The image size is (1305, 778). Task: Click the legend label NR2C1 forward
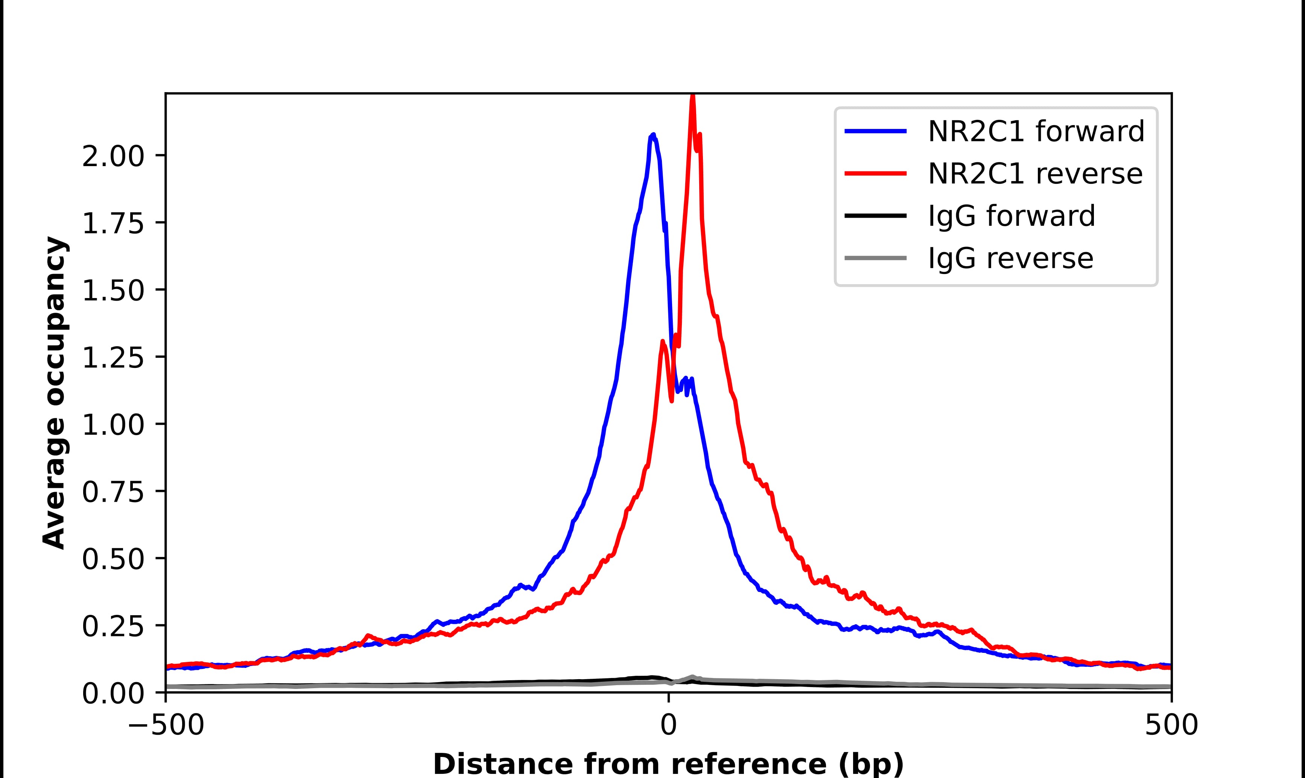coord(1036,131)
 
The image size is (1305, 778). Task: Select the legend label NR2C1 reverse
coord(1035,174)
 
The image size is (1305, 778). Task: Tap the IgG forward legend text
coord(1011,216)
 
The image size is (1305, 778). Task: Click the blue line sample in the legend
coord(875,131)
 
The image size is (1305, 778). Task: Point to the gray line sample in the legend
coord(875,258)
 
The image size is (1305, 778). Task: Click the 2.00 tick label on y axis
coord(113,156)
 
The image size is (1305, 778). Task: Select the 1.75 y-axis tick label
coord(113,223)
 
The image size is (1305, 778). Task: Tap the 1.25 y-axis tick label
coord(113,357)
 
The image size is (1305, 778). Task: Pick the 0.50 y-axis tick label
coord(113,559)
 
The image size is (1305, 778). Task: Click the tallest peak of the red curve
coord(693,97)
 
